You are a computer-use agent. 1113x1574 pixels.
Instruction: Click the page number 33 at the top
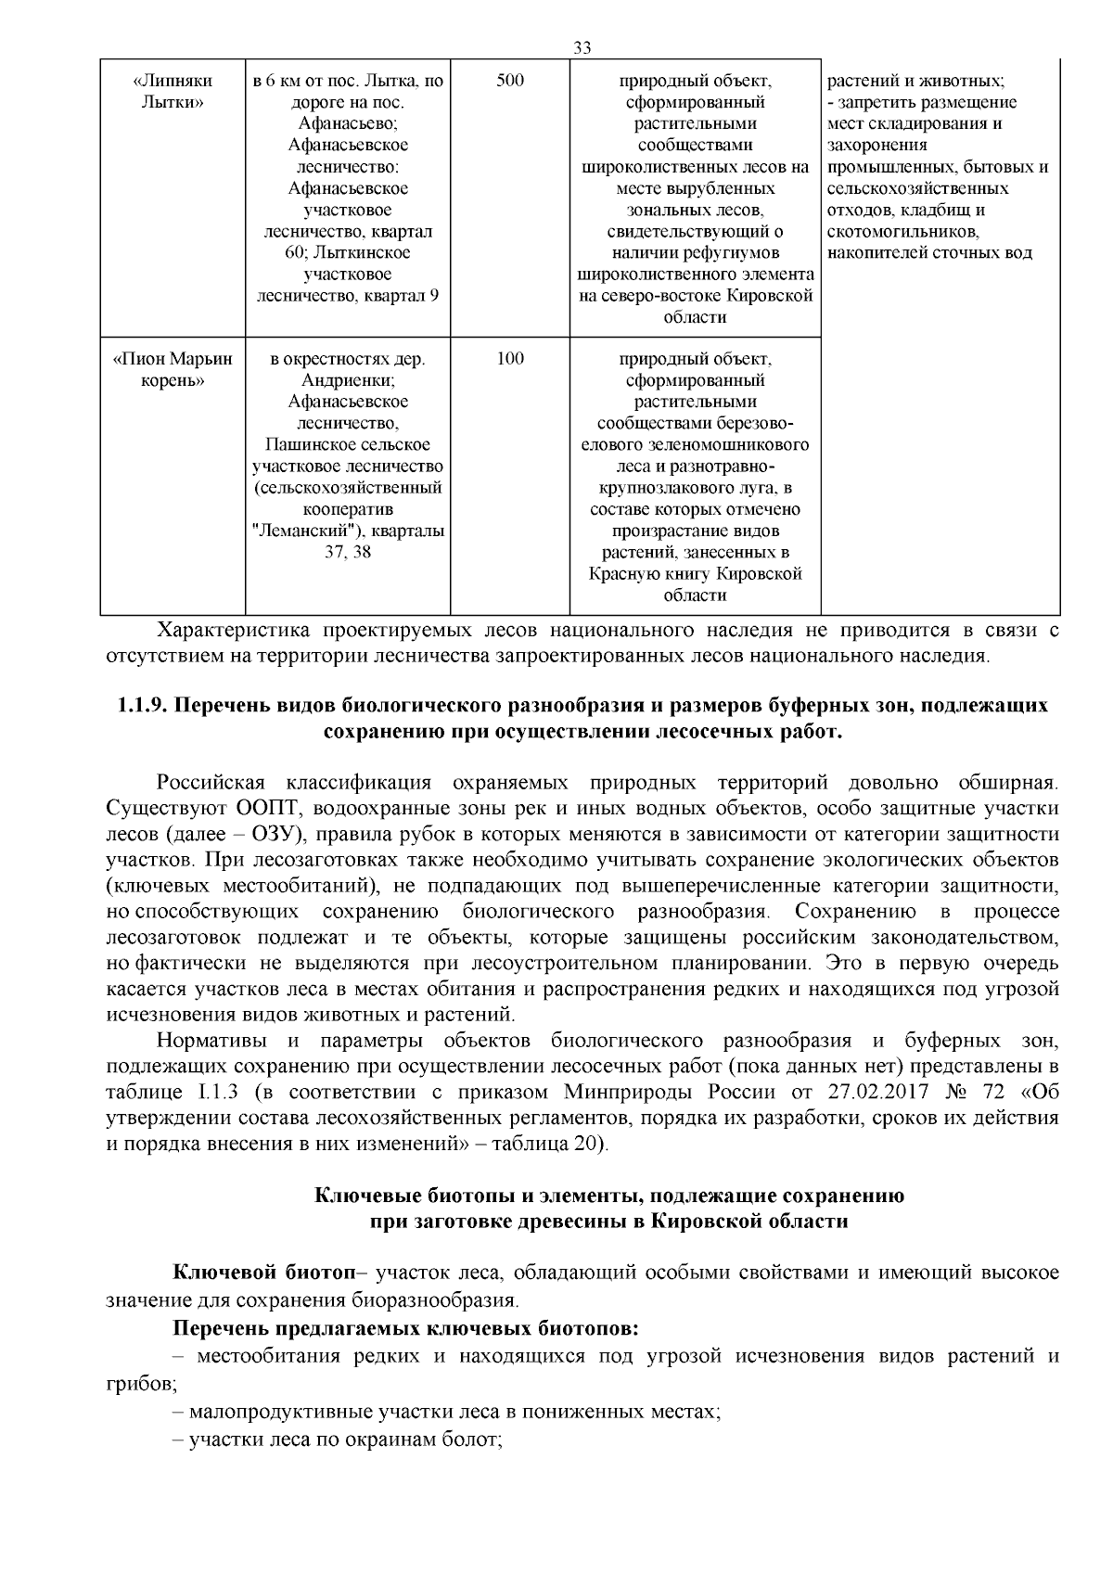[x=582, y=48]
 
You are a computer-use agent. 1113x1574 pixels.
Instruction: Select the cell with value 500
[x=509, y=81]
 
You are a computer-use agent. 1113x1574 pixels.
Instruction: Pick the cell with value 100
[x=509, y=359]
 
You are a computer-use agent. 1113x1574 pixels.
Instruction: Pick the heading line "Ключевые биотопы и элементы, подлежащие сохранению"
[x=609, y=1196]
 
